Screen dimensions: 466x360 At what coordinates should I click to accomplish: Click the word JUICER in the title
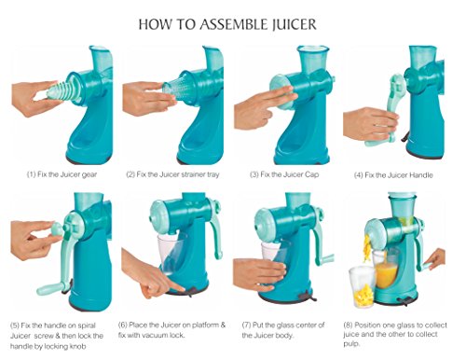(294, 24)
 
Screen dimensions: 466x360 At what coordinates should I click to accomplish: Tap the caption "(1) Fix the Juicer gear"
(62, 174)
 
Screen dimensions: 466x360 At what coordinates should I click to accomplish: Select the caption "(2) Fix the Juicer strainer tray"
(172, 174)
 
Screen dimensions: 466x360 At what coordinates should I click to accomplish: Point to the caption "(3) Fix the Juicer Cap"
(284, 174)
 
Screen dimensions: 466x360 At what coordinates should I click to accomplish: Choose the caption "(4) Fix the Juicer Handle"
(393, 175)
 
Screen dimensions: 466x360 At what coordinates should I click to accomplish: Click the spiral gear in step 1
(62, 90)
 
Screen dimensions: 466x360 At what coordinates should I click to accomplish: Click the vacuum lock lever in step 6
(189, 291)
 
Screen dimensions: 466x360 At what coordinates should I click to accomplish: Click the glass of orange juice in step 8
(387, 270)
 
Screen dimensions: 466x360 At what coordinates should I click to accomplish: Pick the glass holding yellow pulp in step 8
(362, 286)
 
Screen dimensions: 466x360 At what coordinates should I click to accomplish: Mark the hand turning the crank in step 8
(436, 260)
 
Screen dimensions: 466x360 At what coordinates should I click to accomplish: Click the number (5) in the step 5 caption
(15, 325)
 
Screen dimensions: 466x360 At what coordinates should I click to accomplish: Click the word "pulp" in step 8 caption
(351, 344)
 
